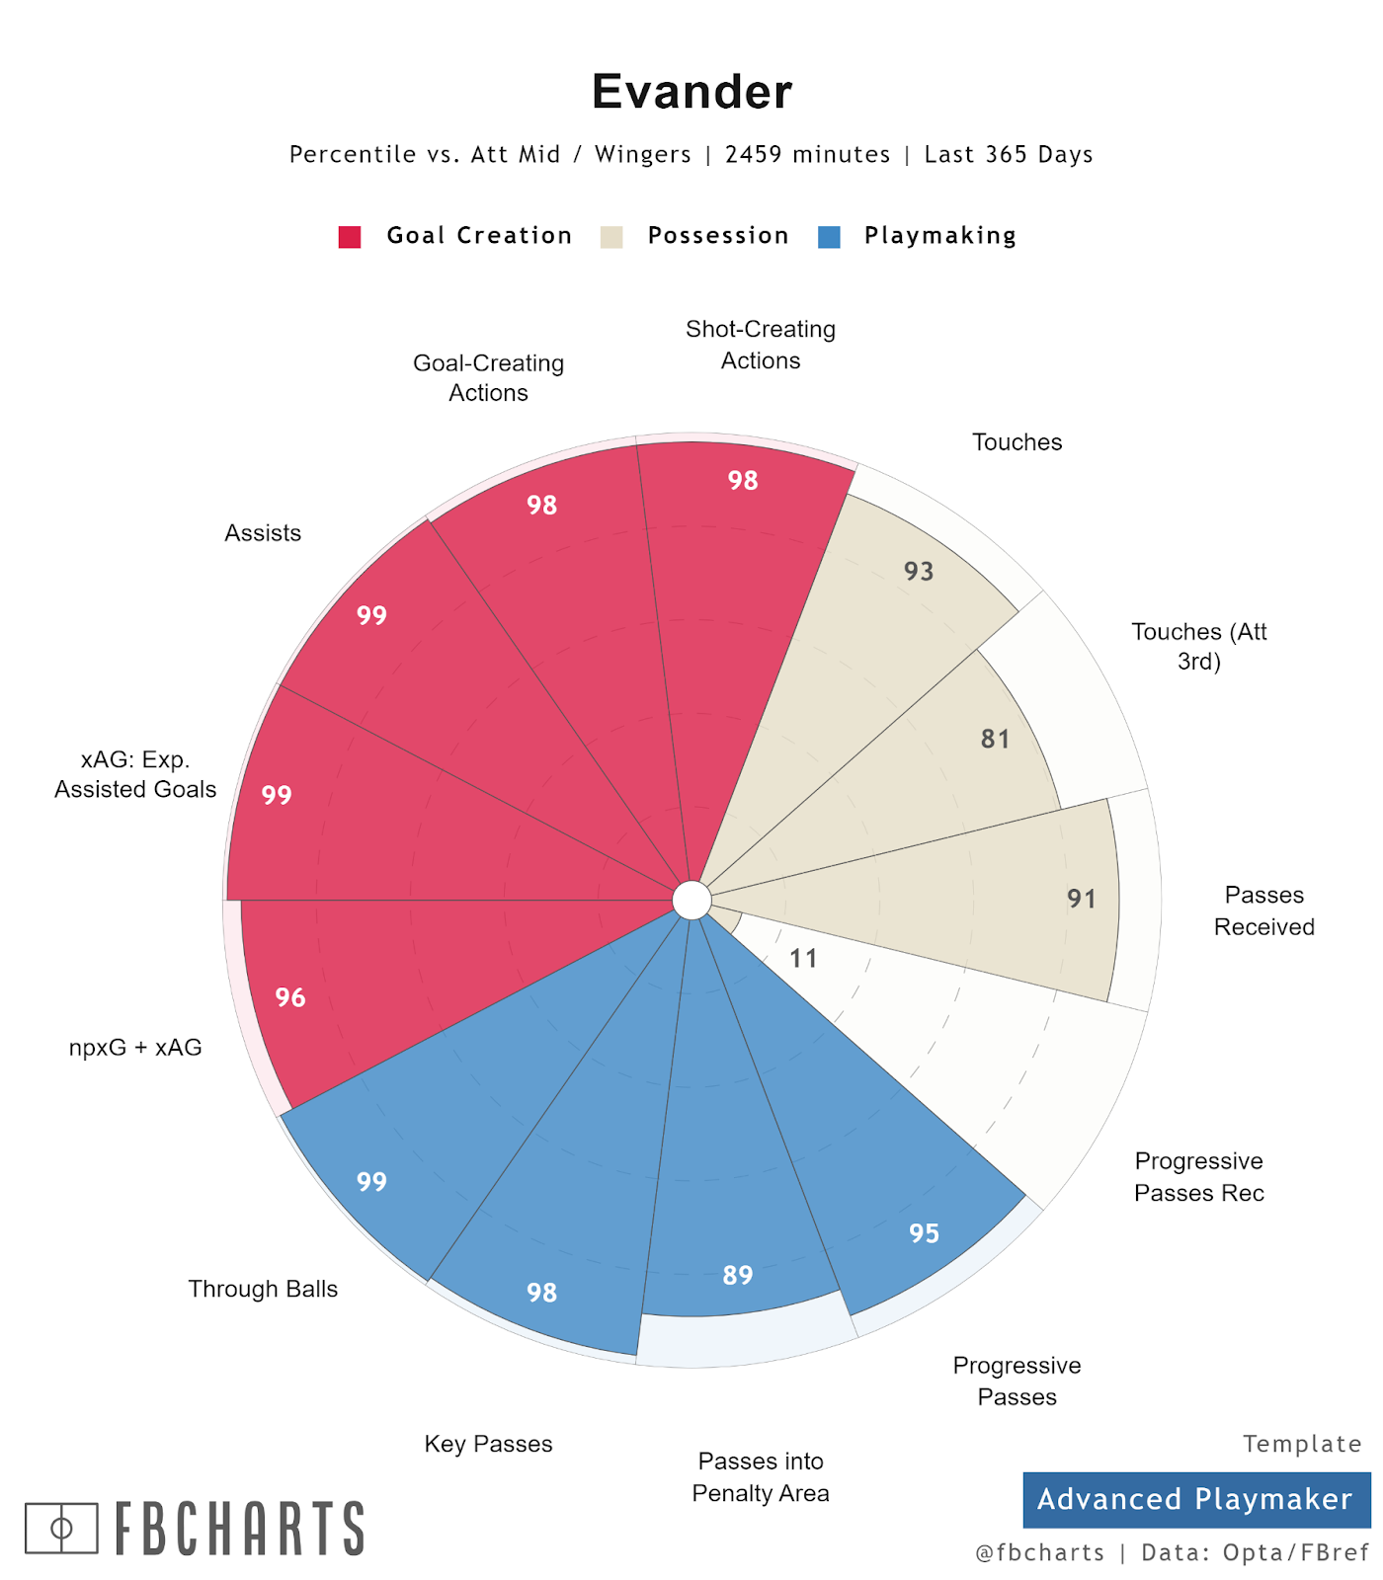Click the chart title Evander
tap(691, 92)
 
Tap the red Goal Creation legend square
tap(350, 237)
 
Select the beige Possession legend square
tap(611, 237)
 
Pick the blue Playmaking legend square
tap(829, 237)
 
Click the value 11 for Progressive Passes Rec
tap(803, 958)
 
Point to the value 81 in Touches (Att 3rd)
tap(995, 739)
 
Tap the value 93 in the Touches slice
tap(918, 571)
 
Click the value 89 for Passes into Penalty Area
tap(738, 1275)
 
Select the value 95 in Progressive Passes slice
tap(924, 1232)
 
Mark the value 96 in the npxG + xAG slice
tap(290, 997)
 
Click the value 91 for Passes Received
tap(1082, 899)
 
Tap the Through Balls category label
tap(263, 1289)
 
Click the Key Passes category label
tap(488, 1444)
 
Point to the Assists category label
tap(263, 533)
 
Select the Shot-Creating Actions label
tap(761, 345)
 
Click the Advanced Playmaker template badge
tap(1195, 1499)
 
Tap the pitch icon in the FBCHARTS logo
tap(61, 1529)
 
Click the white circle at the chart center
tap(691, 901)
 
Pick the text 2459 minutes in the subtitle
tap(807, 155)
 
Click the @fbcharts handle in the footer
tap(1039, 1552)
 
